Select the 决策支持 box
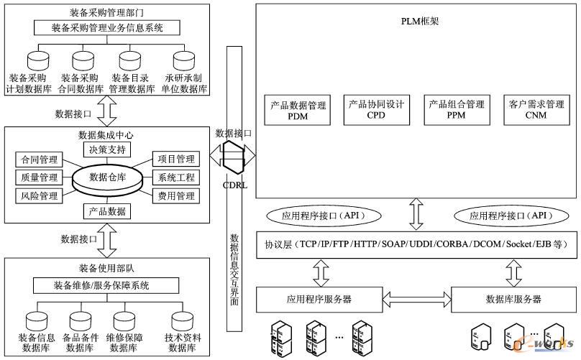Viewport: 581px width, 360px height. point(107,150)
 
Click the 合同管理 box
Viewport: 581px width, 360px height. point(39,159)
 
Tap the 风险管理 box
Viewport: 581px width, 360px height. point(39,195)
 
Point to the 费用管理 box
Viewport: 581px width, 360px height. point(175,195)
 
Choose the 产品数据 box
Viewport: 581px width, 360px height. point(107,211)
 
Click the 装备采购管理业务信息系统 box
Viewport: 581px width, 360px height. point(107,28)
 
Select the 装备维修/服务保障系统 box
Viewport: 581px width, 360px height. point(106,285)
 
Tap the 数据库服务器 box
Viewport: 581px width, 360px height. point(513,299)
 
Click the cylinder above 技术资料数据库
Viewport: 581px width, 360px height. point(183,319)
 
